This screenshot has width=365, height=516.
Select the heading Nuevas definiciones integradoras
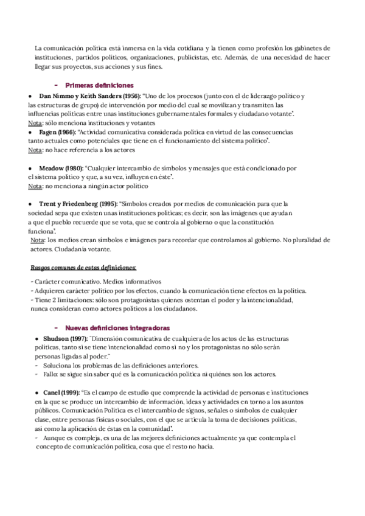click(x=117, y=328)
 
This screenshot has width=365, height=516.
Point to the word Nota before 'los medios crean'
click(x=36, y=240)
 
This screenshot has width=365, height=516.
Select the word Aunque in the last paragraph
click(x=55, y=438)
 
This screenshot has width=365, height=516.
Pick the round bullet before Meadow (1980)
click(x=30, y=167)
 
